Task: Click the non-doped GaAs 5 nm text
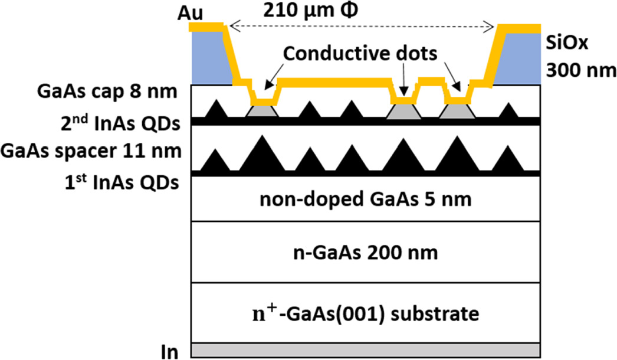click(366, 199)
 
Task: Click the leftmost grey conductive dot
click(262, 112)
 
